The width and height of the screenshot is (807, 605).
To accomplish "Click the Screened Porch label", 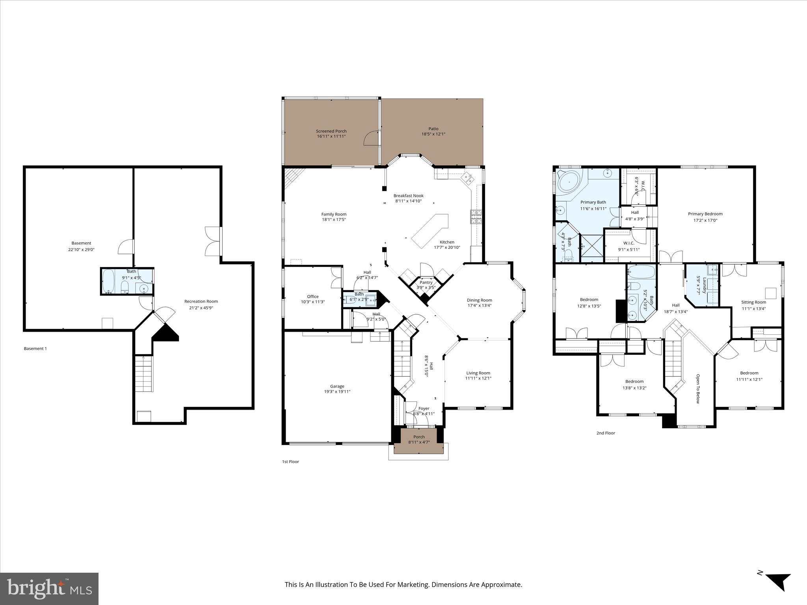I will click(331, 131).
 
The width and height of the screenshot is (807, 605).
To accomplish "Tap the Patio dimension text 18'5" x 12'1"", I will click(433, 134).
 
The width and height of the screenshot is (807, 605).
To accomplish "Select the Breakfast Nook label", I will click(408, 196).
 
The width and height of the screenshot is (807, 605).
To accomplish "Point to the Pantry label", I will click(426, 282).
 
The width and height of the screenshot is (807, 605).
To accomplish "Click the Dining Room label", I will click(479, 300).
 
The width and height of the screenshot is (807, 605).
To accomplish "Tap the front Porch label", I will click(419, 437).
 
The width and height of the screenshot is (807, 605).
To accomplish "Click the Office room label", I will click(312, 297).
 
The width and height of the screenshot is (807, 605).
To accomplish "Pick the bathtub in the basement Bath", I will click(108, 281).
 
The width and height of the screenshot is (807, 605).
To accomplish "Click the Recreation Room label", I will click(201, 301).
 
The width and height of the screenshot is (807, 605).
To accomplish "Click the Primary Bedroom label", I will click(705, 214).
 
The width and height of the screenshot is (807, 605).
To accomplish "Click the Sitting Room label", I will click(753, 302).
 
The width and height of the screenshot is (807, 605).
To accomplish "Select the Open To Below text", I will click(697, 389).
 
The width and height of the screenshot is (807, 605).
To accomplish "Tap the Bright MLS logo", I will click(49, 588).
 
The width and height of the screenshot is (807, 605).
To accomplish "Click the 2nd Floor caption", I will click(605, 433).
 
